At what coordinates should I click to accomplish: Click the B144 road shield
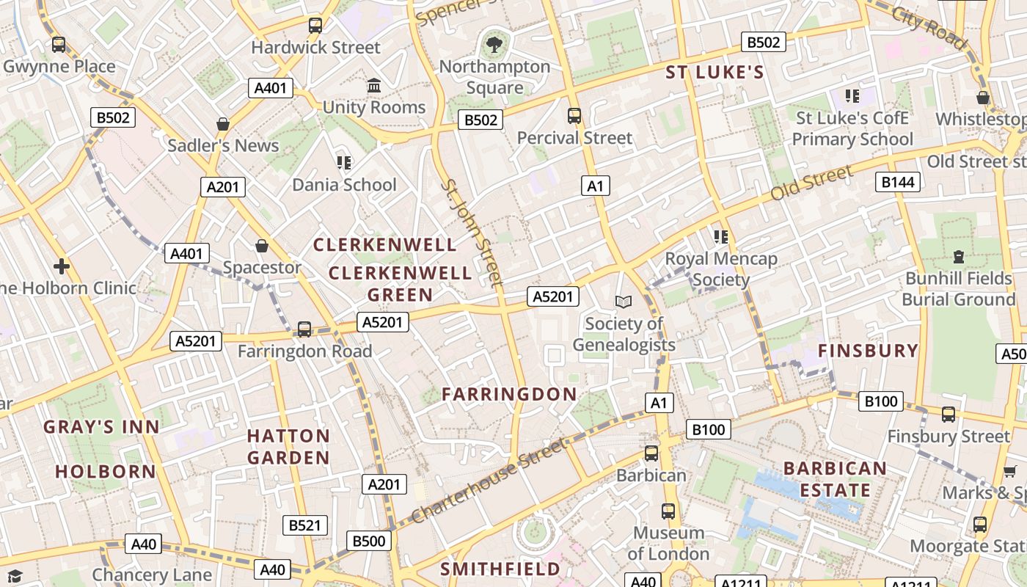(898, 182)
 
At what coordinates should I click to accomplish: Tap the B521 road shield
(305, 525)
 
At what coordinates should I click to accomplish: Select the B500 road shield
(369, 542)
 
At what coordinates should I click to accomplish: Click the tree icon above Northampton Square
(495, 45)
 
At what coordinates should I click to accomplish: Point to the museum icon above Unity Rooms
(374, 86)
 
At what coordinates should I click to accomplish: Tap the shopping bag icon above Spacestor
(262, 246)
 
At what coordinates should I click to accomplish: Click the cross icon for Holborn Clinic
(62, 266)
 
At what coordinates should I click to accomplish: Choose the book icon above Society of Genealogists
(624, 302)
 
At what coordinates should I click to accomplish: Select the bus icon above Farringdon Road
(304, 329)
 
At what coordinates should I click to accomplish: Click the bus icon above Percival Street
(574, 116)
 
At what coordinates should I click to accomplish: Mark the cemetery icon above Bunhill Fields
(958, 257)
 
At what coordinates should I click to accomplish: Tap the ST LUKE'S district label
(714, 73)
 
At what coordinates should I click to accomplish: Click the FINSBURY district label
(868, 351)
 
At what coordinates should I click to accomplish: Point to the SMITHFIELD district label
(500, 569)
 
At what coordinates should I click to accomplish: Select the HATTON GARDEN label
(288, 447)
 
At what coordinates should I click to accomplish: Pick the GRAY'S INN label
(101, 427)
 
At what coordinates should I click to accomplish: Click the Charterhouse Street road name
(490, 481)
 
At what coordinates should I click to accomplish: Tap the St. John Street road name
(472, 232)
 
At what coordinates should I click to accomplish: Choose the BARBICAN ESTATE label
(835, 479)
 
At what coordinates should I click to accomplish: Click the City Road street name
(929, 28)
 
